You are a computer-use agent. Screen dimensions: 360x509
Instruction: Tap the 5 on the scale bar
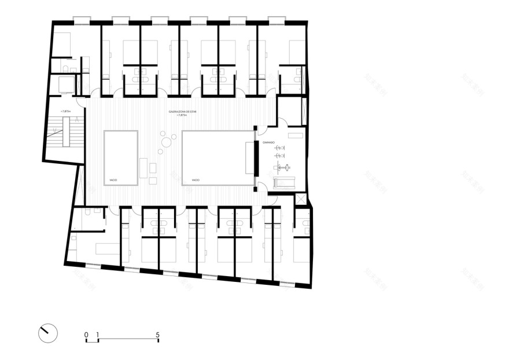(157, 335)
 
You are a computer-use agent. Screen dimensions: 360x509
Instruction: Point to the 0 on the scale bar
(86, 335)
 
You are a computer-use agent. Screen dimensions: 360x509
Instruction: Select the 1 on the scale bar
(98, 335)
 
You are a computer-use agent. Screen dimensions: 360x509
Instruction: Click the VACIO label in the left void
(113, 181)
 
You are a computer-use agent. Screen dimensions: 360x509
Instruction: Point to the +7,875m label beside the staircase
(68, 111)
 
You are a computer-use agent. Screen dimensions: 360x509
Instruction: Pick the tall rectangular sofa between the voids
(143, 168)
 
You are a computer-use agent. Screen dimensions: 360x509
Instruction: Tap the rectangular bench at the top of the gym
(296, 137)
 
